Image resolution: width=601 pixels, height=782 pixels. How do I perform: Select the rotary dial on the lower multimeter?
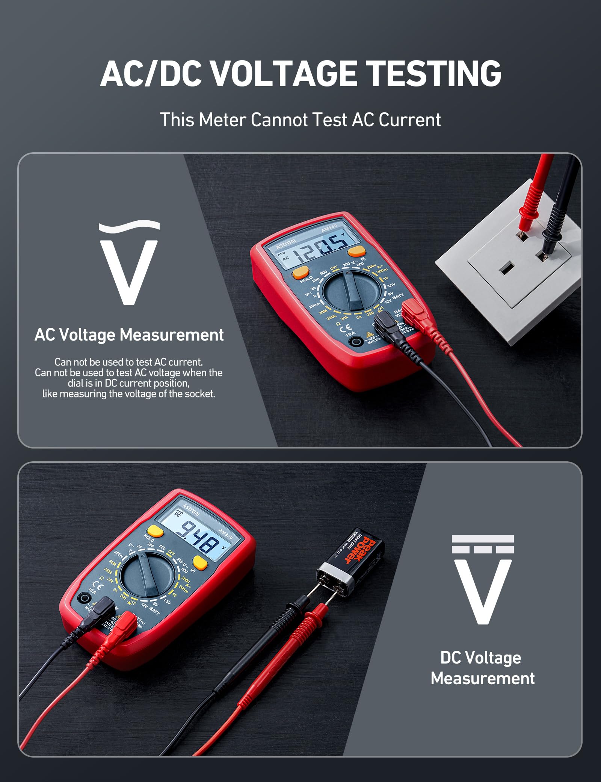[x=148, y=576]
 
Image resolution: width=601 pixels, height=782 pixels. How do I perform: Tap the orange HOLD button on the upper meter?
[x=300, y=272]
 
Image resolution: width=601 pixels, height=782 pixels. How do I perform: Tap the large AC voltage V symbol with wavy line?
[x=129, y=263]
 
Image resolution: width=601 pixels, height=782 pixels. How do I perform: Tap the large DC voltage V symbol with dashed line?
[x=483, y=579]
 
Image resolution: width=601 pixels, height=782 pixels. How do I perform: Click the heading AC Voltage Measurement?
[x=129, y=335]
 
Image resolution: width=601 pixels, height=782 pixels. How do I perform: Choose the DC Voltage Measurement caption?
[x=483, y=668]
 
